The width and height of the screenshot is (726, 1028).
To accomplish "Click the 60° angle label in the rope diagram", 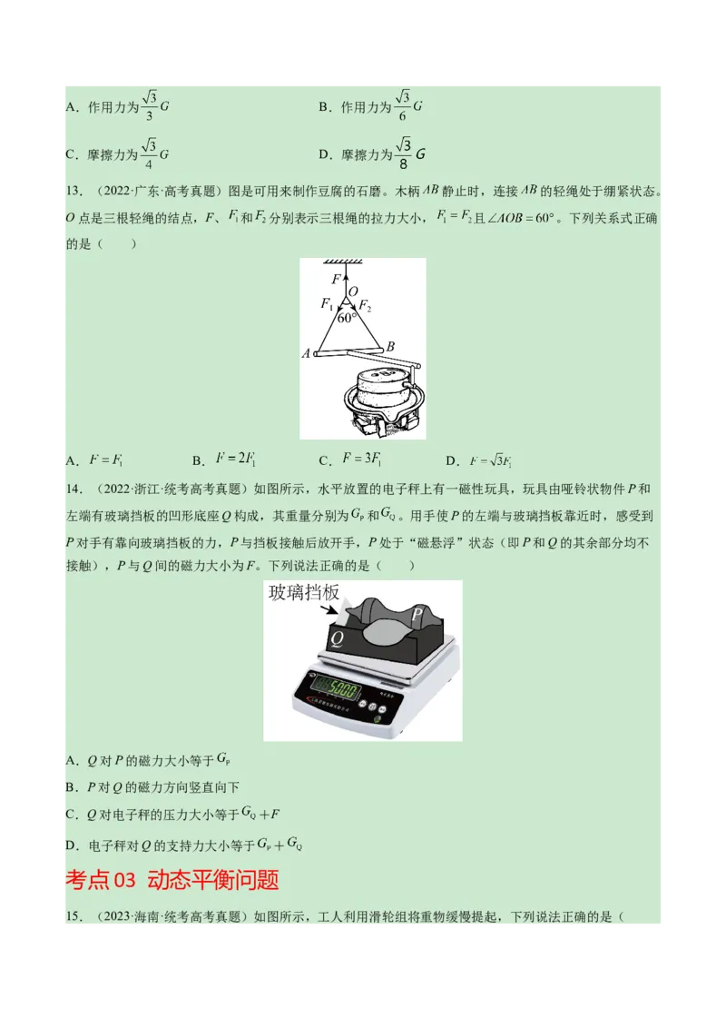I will pos(346,319).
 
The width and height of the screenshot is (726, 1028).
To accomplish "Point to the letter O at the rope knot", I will pos(354,291).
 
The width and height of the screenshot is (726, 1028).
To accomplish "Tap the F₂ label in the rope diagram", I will pos(364,306).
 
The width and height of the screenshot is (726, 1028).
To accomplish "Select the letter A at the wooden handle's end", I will pos(306,353).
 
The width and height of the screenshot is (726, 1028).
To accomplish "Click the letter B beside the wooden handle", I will pos(390,346).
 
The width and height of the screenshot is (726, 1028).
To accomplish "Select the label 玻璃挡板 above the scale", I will pos(304,593).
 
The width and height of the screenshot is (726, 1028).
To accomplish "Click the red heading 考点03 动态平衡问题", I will pos(172,880).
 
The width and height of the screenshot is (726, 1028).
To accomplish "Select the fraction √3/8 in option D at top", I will pos(404,153).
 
